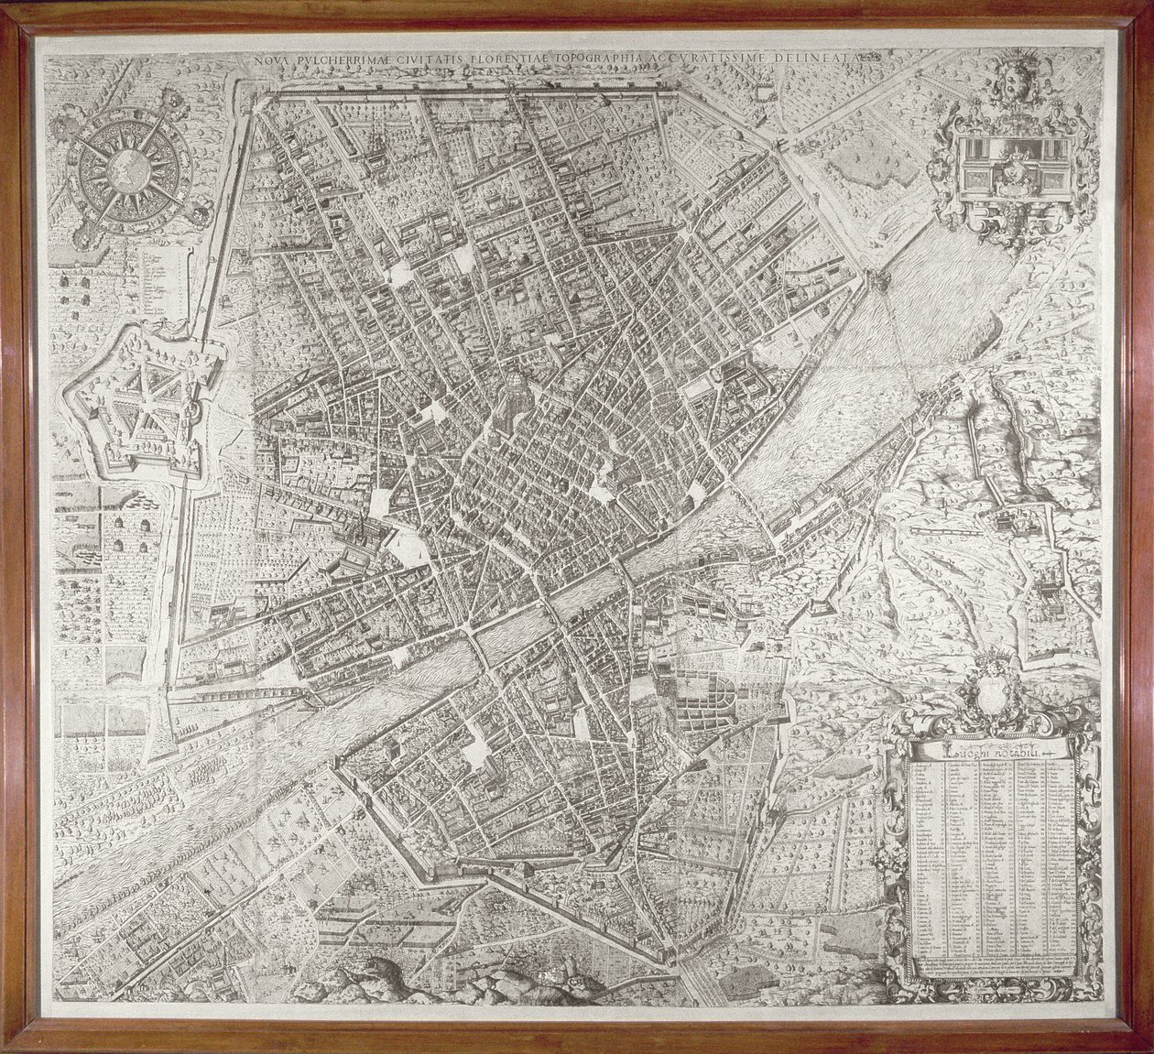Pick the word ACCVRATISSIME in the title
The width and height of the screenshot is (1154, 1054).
click(711, 58)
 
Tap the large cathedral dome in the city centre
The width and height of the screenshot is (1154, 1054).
click(516, 391)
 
